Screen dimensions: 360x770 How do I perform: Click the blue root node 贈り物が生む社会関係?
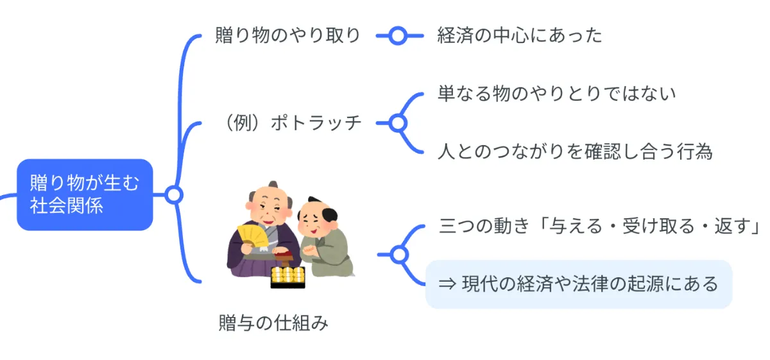point(84,194)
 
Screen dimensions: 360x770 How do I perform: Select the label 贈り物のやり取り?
point(288,35)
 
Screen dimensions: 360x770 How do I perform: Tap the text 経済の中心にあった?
point(520,35)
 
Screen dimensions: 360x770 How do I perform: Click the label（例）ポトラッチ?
point(290,122)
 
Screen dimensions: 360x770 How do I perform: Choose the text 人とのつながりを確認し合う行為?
point(575,151)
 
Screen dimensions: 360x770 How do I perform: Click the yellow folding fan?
point(252,237)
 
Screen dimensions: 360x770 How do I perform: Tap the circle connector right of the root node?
point(173,194)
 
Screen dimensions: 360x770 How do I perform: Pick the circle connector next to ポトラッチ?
point(398,122)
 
